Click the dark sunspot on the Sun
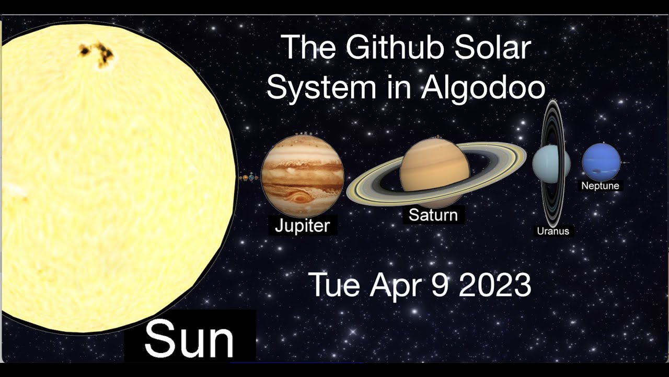coord(98,54)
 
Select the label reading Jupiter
coord(302,226)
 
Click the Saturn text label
coord(433,215)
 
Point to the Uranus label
coord(552,231)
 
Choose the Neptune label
coord(600,186)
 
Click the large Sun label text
coord(189,339)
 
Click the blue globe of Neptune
coord(601,161)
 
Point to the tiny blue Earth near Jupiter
coord(252,179)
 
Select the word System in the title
coord(314,88)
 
